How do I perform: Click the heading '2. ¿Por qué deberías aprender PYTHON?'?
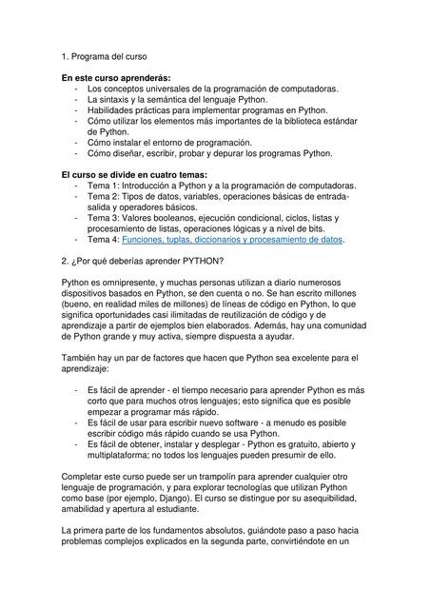pos(141,260)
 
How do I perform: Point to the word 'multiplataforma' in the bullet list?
pos(121,454)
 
